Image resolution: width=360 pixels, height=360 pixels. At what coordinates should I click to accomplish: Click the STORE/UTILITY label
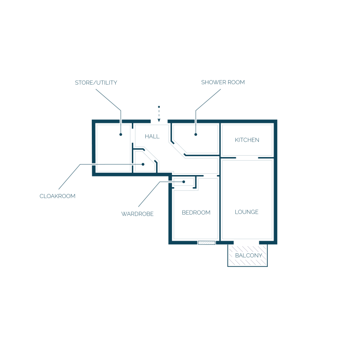pyautogui.click(x=96, y=83)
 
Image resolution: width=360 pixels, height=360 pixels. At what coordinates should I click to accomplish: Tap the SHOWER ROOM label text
pyautogui.click(x=223, y=82)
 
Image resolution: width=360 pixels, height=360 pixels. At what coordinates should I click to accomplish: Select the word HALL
pyautogui.click(x=152, y=136)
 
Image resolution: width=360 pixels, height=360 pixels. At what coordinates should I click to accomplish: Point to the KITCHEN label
pyautogui.click(x=247, y=140)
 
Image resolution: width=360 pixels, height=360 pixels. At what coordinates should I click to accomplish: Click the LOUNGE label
pyautogui.click(x=247, y=212)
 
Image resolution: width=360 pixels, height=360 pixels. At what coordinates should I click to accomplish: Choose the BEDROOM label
pyautogui.click(x=196, y=212)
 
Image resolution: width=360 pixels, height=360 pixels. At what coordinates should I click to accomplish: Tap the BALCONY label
pyautogui.click(x=249, y=256)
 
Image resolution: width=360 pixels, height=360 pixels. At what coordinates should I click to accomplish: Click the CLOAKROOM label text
pyautogui.click(x=58, y=196)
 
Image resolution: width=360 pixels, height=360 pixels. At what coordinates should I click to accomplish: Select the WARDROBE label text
pyautogui.click(x=137, y=214)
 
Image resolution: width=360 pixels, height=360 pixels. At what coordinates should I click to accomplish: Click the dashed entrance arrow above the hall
pyautogui.click(x=159, y=114)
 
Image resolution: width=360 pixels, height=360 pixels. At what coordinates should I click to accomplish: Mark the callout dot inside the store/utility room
pyautogui.click(x=121, y=135)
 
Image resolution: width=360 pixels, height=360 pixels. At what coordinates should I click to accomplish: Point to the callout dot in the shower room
pyautogui.click(x=196, y=135)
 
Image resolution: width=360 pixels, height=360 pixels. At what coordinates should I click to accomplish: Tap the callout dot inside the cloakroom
pyautogui.click(x=143, y=164)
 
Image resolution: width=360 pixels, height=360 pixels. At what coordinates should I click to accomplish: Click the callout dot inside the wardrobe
pyautogui.click(x=184, y=182)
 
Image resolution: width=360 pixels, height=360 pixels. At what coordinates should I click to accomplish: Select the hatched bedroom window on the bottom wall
pyautogui.click(x=207, y=243)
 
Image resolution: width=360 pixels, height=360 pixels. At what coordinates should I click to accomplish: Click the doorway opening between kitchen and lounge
pyautogui.click(x=247, y=158)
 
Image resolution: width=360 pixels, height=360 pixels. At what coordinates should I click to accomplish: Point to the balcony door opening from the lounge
pyautogui.click(x=246, y=243)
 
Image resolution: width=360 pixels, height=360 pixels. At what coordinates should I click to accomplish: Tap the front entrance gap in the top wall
pyautogui.click(x=159, y=121)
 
